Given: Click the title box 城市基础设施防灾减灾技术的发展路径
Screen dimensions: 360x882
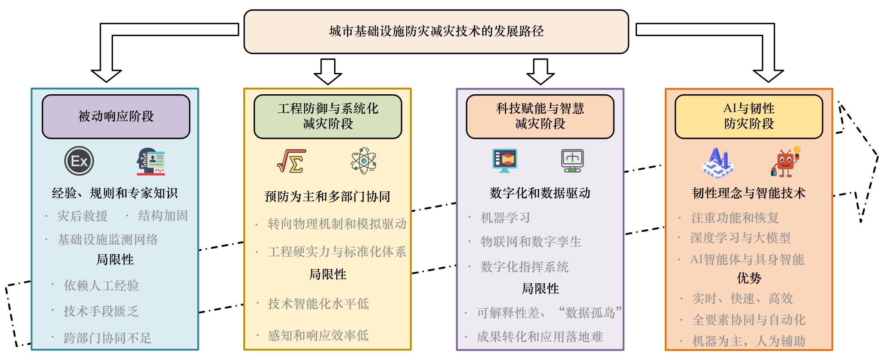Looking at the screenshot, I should click(x=436, y=32).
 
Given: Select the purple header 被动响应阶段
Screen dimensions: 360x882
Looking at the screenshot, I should click(x=116, y=116).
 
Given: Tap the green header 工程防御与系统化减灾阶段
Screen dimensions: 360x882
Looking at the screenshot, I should click(x=328, y=116).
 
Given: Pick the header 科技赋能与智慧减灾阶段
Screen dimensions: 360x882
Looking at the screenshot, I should click(x=540, y=116).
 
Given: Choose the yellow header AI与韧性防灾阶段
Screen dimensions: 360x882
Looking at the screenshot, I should click(x=749, y=116).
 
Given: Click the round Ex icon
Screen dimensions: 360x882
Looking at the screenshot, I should click(x=79, y=161).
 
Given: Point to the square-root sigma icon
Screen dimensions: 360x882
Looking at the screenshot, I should click(x=292, y=161).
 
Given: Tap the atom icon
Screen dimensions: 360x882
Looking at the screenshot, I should click(x=364, y=161).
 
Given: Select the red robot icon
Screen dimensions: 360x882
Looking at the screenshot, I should click(x=786, y=162).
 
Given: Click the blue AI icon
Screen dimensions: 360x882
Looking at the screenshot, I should click(x=718, y=163).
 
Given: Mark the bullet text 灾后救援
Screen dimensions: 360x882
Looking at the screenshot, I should click(x=82, y=216).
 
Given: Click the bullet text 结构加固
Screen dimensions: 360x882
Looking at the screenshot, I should click(x=163, y=215).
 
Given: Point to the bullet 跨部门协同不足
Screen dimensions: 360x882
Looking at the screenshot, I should click(x=107, y=338).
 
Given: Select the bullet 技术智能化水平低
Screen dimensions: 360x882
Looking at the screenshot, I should click(x=318, y=304).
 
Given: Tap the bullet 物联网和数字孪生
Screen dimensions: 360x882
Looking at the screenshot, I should click(x=531, y=241).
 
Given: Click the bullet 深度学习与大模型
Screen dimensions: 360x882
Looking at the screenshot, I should click(x=740, y=238).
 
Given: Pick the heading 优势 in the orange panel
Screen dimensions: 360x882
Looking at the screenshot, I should click(x=749, y=278).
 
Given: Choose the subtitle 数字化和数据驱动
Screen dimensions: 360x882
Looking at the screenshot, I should click(x=540, y=193).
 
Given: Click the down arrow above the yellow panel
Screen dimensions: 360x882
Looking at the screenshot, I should click(x=328, y=72).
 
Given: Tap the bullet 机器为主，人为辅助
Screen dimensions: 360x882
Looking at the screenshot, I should click(x=748, y=341).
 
